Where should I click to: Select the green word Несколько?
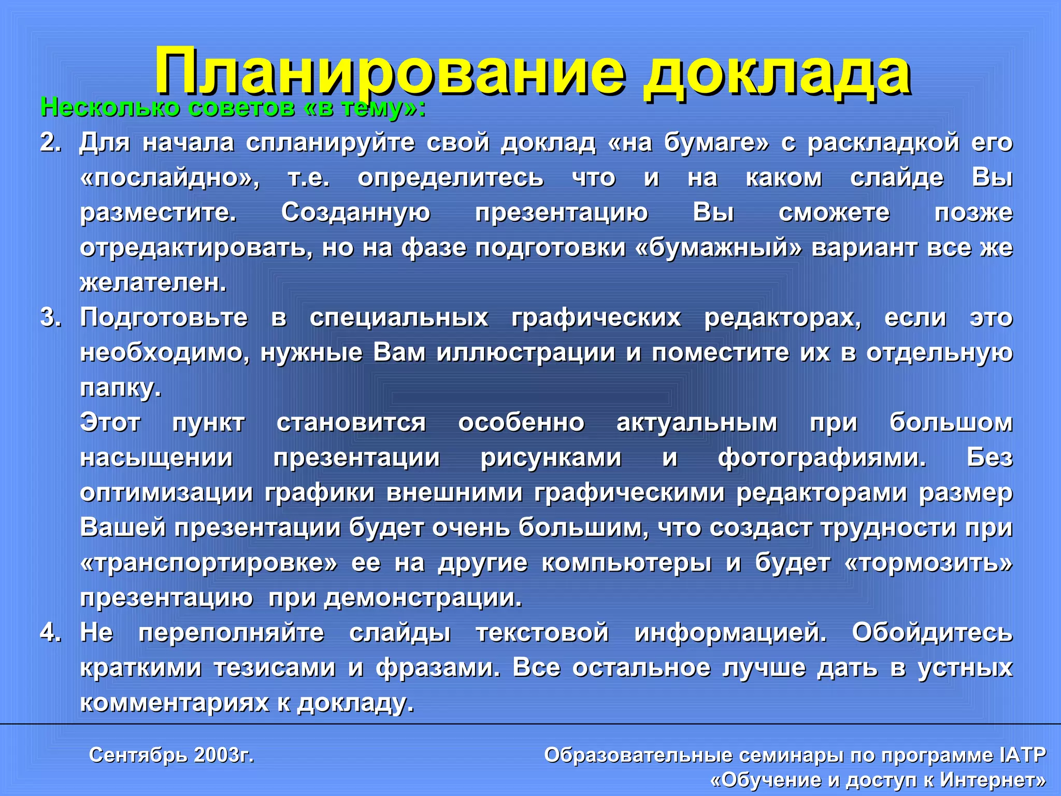110,108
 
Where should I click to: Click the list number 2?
50,143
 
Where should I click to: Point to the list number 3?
50,318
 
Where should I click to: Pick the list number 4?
50,633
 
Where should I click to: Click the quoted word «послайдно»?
170,178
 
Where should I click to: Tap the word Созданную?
355,213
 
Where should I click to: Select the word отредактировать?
196,248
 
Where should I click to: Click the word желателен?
153,283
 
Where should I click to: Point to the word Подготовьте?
164,318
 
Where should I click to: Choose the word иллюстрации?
526,353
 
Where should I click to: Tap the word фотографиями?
822,458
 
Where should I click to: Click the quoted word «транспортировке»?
209,563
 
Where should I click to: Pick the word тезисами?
275,668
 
